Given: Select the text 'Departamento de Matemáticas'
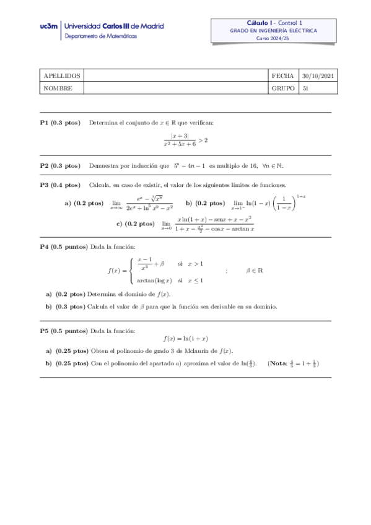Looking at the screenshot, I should pyautogui.click(x=102, y=37).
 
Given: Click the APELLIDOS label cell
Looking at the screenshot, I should pyautogui.click(x=58, y=76).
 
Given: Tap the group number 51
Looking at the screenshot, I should pyautogui.click(x=305, y=88).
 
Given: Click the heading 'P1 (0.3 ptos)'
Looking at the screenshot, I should pyautogui.click(x=60, y=123).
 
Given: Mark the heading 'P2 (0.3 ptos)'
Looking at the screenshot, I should pyautogui.click(x=60, y=165).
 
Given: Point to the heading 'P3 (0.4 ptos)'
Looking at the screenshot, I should pyautogui.click(x=60, y=185).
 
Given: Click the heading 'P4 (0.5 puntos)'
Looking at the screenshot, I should pyautogui.click(x=64, y=246).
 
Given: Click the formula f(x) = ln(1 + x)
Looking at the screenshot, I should pyautogui.click(x=185, y=339).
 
